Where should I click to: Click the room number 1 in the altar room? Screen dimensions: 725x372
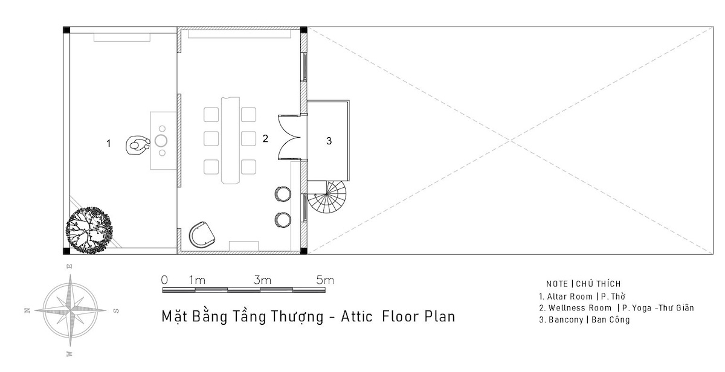click(108, 143)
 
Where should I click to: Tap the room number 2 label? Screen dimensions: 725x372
click(265, 138)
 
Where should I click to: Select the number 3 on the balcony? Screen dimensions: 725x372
click(329, 141)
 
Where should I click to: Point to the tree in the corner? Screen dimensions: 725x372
click(89, 230)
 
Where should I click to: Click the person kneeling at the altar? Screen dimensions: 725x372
click(138, 145)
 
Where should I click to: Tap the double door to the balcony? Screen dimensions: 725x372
click(289, 138)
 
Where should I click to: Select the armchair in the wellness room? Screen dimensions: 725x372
click(202, 234)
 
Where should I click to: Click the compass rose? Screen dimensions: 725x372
click(70, 310)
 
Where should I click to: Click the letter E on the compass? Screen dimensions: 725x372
click(69, 266)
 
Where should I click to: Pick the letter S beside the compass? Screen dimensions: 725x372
click(116, 311)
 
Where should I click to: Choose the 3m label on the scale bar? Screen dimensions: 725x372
click(262, 280)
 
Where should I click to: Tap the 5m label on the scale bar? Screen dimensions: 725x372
click(325, 280)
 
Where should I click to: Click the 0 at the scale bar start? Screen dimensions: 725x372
click(164, 280)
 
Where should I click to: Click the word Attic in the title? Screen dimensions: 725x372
click(356, 316)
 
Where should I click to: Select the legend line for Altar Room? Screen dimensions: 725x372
click(582, 297)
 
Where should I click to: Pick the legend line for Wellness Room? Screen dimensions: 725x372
click(617, 307)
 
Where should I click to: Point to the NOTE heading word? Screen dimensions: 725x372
click(557, 284)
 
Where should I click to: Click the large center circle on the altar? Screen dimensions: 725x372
click(161, 141)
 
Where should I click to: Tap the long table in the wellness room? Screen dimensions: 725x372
click(230, 140)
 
